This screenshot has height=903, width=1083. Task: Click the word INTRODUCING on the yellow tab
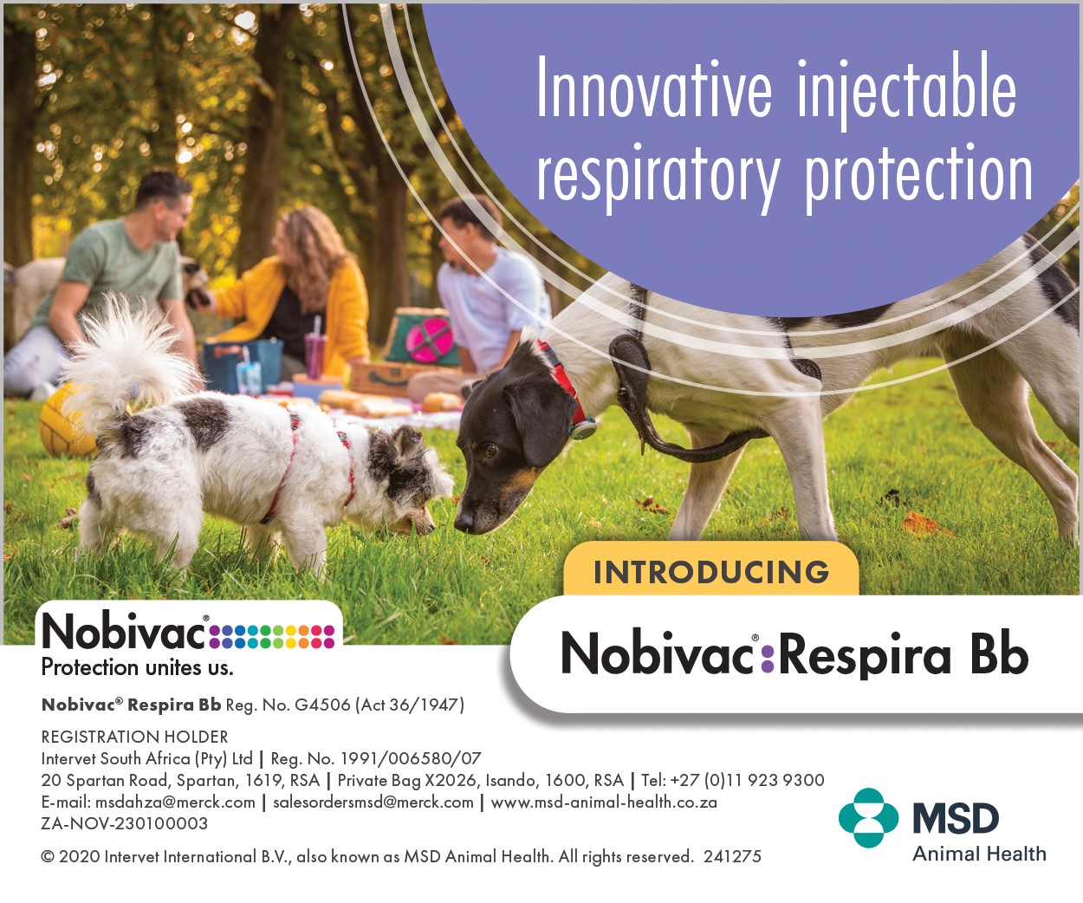(711, 572)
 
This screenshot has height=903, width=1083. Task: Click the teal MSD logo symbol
(868, 818)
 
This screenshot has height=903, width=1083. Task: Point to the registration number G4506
(322, 705)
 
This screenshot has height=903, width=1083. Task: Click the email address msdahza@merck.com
(175, 802)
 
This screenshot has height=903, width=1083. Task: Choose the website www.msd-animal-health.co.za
(604, 802)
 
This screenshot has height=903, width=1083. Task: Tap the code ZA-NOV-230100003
(125, 823)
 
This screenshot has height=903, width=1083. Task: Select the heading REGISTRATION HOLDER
(134, 737)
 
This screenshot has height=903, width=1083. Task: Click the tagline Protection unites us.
(138, 667)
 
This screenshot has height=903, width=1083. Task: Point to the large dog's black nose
(464, 519)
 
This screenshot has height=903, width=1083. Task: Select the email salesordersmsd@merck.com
(373, 802)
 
